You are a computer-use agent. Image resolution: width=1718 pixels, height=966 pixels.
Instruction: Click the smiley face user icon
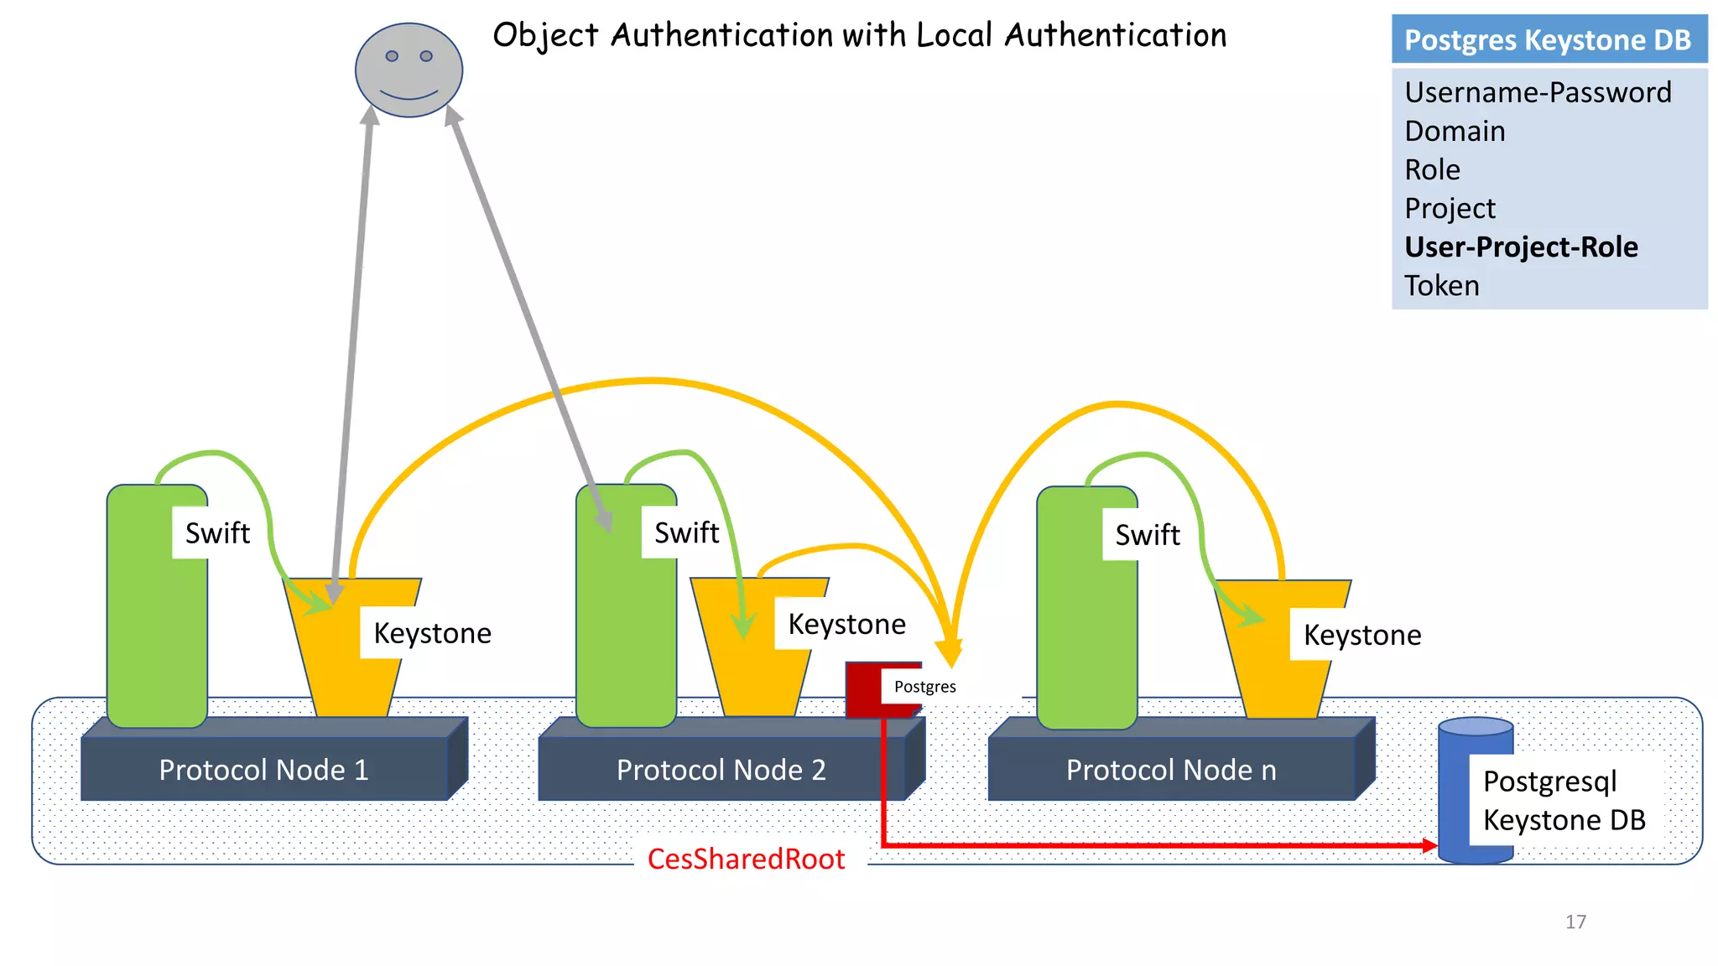tap(409, 70)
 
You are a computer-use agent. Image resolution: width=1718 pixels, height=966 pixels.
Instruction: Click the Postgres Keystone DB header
tap(1548, 39)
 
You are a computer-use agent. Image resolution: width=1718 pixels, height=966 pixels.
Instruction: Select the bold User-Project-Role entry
tap(1520, 247)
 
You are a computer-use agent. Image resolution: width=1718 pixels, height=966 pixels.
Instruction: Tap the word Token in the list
tap(1441, 286)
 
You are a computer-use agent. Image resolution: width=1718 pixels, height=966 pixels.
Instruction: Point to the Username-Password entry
tap(1537, 92)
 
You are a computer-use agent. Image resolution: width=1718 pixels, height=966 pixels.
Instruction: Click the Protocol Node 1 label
tap(263, 770)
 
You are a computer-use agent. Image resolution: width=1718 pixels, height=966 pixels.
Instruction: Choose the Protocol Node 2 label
tap(721, 770)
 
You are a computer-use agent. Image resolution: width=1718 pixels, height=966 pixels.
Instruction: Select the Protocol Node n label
tap(1170, 770)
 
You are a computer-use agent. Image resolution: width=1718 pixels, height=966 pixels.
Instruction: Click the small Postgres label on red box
tap(924, 687)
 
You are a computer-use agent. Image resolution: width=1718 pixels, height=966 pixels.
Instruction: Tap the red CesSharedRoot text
tap(746, 860)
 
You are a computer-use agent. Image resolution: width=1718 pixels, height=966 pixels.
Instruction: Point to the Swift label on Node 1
tap(217, 533)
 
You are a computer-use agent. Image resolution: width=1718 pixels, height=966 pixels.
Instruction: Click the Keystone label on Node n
tap(1361, 636)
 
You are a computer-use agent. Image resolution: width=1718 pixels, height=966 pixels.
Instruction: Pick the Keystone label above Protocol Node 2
tap(846, 625)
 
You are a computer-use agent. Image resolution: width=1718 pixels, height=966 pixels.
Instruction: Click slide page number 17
tap(1575, 922)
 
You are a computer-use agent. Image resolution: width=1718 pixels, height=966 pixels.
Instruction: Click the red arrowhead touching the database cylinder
tap(1429, 845)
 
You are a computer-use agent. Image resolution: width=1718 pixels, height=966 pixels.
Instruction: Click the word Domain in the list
tap(1454, 132)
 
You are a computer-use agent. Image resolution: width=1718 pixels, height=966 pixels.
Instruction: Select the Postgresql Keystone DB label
tap(1564, 801)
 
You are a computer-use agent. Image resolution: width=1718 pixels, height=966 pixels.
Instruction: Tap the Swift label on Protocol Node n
tap(1147, 535)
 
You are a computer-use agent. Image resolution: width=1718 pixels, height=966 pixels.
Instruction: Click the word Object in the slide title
tap(545, 36)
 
